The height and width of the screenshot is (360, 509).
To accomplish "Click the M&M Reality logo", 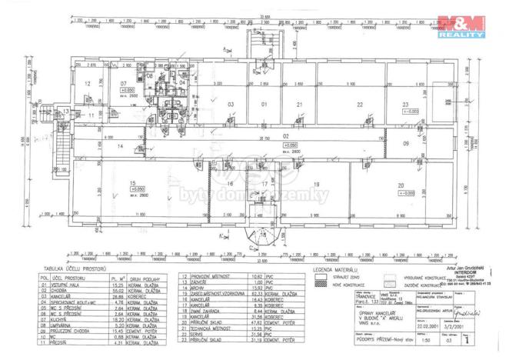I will tap(461, 25).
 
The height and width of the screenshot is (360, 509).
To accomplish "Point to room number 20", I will tap(400, 185).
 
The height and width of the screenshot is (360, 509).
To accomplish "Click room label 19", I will tap(316, 185).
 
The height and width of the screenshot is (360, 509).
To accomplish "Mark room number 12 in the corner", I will tap(88, 83).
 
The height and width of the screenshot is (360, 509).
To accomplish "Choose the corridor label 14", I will tap(120, 145).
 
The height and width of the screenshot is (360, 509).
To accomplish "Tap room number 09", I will tap(405, 144).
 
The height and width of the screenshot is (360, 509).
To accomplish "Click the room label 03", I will tap(230, 104).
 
